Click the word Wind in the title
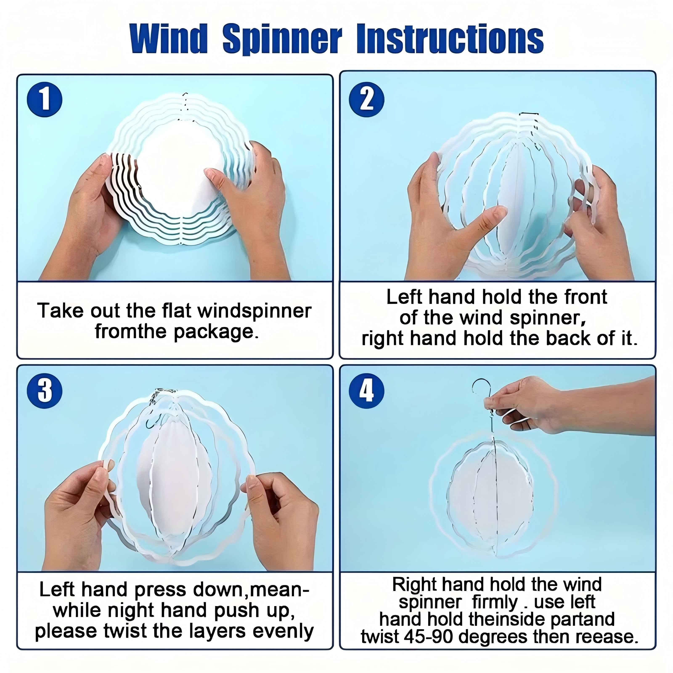coord(169,39)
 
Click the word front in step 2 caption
coord(586,297)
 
